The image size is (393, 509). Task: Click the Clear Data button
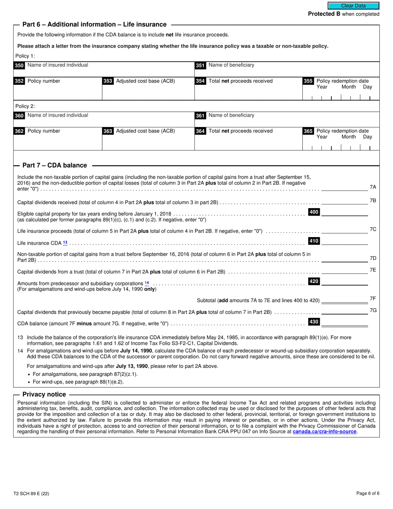(353, 6)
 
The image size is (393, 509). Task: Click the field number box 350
(19, 65)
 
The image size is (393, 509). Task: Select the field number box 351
(200, 65)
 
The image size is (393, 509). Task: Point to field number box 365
(308, 131)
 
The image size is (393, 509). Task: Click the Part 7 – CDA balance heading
(55, 166)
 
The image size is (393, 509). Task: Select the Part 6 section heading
(94, 25)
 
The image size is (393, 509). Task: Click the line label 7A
(373, 187)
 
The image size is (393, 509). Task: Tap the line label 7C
(373, 229)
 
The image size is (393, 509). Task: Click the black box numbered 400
(314, 212)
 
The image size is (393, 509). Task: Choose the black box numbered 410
(314, 241)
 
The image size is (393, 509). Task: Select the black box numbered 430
(314, 322)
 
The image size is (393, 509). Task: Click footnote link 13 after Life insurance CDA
(65, 243)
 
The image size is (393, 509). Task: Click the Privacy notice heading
(44, 394)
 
